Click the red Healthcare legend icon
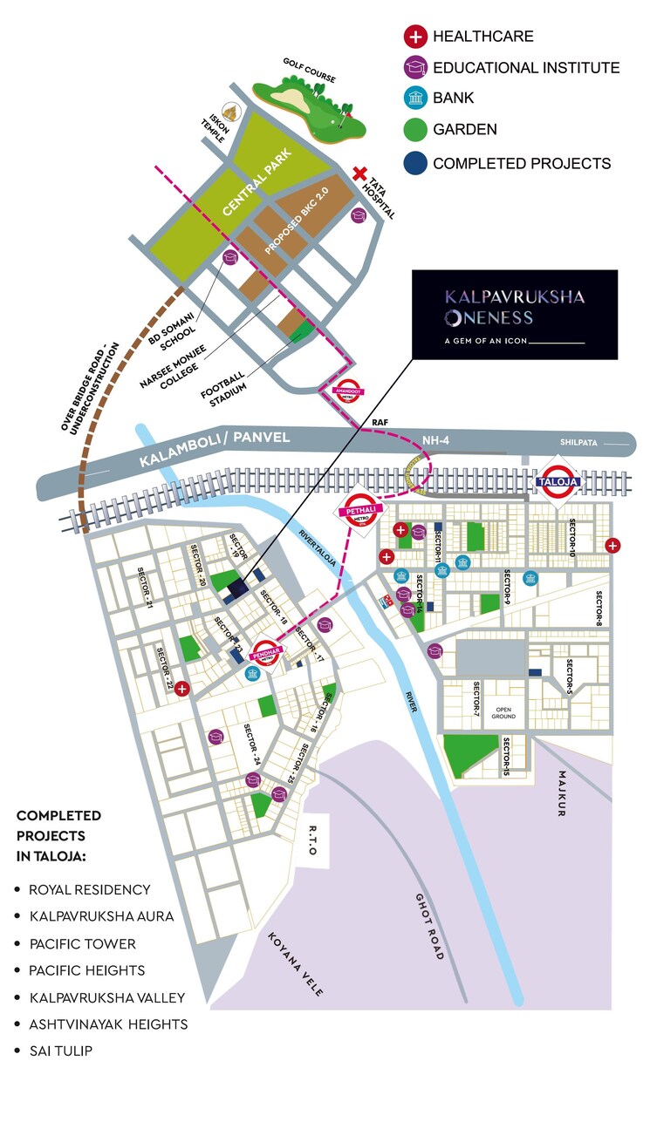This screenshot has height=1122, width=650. [x=414, y=37]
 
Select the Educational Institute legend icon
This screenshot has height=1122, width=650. [x=414, y=68]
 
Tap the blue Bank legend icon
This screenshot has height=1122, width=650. [x=414, y=99]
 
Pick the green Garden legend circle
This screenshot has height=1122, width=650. [x=414, y=131]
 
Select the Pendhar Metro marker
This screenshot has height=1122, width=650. [x=266, y=653]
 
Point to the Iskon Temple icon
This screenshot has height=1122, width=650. [x=231, y=113]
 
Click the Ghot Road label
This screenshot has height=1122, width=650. [x=429, y=925]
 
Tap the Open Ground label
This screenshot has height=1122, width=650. [x=503, y=712]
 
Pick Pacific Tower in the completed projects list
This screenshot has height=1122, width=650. [x=82, y=943]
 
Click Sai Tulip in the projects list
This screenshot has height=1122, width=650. [x=60, y=1051]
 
